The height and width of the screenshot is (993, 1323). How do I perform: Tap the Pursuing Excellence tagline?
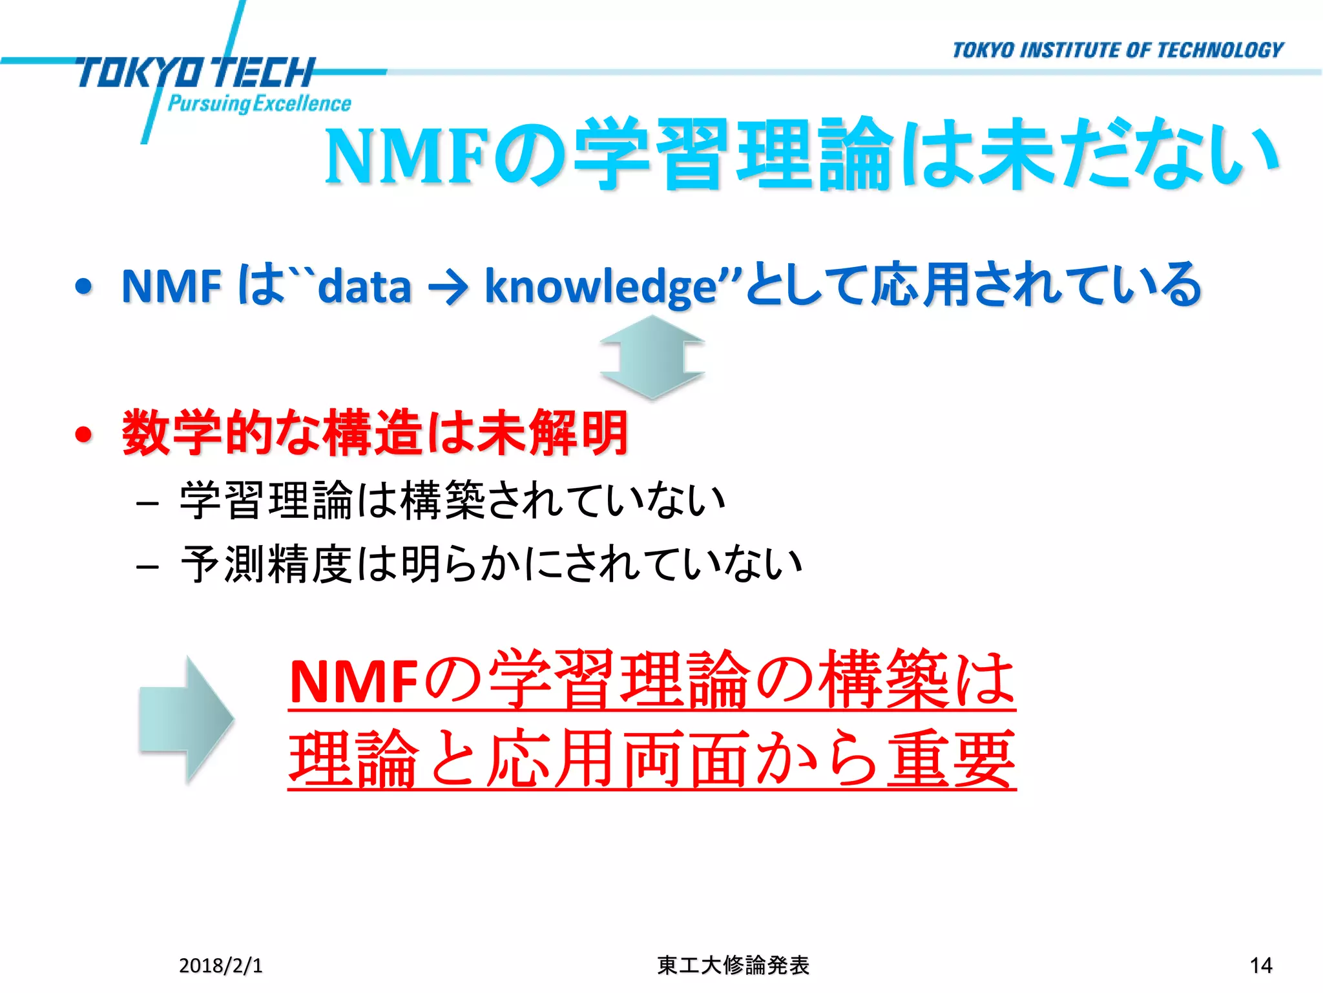259,103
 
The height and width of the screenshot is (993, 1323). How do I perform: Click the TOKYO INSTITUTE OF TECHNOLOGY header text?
1118,50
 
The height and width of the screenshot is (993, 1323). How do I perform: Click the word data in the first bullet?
365,286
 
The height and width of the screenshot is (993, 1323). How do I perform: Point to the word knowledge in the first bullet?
601,286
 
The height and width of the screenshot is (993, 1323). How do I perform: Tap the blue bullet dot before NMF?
84,286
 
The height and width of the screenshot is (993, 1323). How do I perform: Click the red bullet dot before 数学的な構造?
84,434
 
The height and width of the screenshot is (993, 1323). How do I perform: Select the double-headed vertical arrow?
652,358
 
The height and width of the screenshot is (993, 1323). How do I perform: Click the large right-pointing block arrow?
186,719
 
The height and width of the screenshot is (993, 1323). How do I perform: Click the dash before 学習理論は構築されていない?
148,503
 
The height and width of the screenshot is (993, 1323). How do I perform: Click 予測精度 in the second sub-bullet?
266,564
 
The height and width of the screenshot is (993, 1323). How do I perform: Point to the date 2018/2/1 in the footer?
221,965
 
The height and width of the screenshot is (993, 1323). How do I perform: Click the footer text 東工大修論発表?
733,965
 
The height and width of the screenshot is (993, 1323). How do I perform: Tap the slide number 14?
1261,965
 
